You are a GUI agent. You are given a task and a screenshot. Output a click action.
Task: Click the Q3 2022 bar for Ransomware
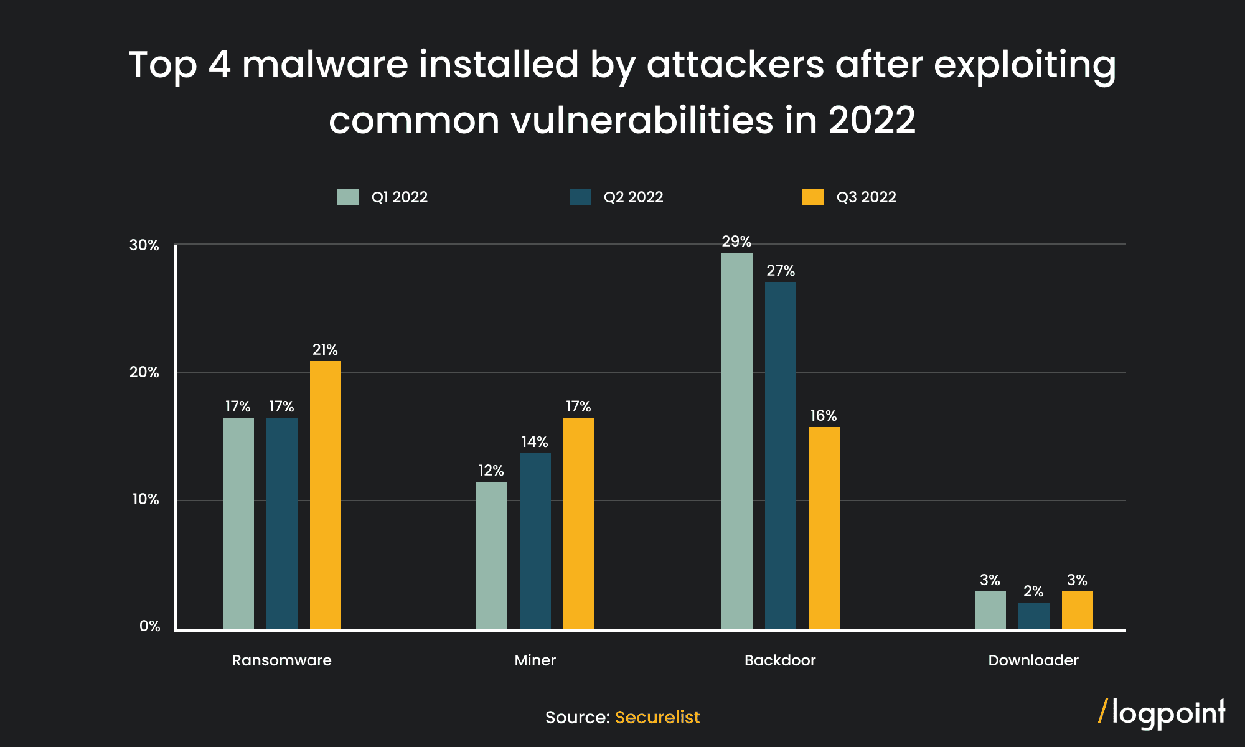tap(325, 495)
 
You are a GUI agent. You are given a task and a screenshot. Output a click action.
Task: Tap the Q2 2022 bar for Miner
tap(535, 541)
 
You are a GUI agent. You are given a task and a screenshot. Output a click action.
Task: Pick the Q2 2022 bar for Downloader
tap(1033, 616)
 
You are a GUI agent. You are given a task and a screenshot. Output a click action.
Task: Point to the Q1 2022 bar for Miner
tap(491, 555)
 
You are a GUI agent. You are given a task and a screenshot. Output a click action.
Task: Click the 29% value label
tap(736, 242)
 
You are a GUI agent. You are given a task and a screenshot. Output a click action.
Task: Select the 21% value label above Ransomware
tap(325, 350)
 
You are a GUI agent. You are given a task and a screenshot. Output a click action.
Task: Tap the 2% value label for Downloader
tap(1033, 591)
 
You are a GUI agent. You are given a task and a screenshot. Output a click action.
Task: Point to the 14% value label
tap(535, 442)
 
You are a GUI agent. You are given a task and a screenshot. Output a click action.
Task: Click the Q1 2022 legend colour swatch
tap(348, 197)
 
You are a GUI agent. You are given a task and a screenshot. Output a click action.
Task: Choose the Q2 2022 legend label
tap(633, 197)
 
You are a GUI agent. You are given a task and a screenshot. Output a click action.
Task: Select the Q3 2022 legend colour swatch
tap(812, 197)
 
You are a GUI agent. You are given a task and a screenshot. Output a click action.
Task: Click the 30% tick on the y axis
tap(144, 245)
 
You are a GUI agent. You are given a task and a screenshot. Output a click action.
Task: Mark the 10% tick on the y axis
tap(145, 499)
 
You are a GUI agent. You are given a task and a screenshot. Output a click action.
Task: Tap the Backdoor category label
tap(779, 660)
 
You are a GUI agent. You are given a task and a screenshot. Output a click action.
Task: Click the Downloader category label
tap(1033, 660)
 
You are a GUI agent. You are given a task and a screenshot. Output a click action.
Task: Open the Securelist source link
tap(657, 717)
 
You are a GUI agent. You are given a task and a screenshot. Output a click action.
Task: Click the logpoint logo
tap(1162, 713)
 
